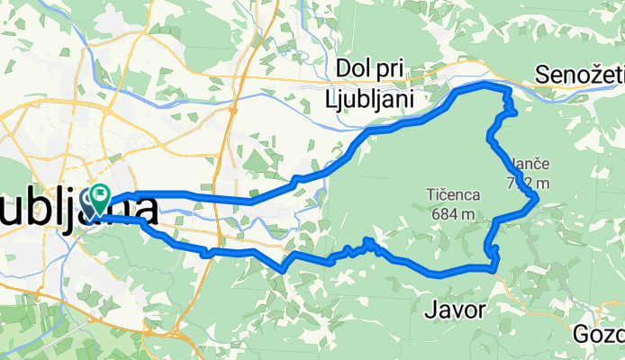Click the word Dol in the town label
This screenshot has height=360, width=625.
pyautogui.click(x=351, y=69)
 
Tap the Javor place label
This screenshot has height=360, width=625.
pyautogui.click(x=454, y=311)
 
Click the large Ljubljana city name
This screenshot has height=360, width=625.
pyautogui.click(x=81, y=210)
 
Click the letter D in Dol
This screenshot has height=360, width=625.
pyautogui.click(x=341, y=69)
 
